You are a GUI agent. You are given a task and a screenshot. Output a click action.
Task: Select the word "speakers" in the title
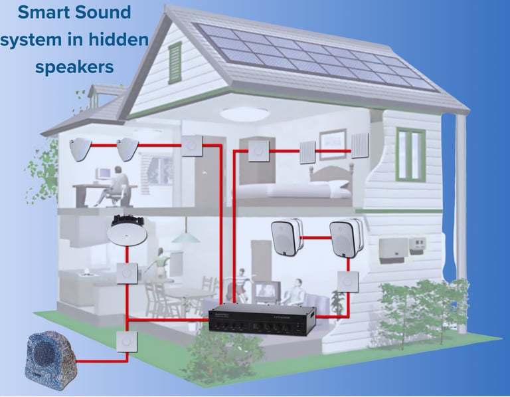(74, 67)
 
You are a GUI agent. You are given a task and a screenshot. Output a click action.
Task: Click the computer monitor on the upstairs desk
(103, 173)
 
